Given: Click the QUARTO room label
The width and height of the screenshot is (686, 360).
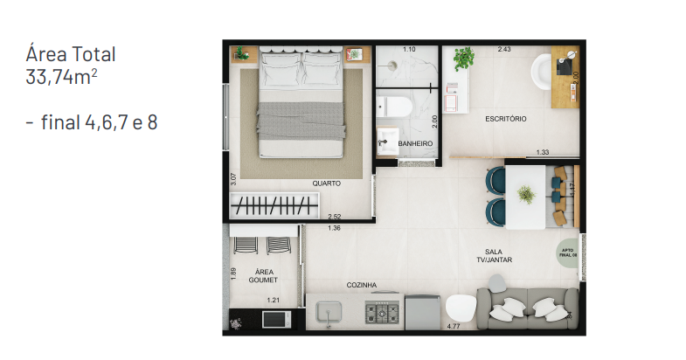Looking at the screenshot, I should click(x=326, y=183).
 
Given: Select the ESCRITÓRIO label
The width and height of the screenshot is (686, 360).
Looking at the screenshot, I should click(x=506, y=119).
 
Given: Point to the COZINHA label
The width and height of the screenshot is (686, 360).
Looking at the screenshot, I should click(x=361, y=285).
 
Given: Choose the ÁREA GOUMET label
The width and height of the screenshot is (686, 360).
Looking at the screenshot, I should click(x=262, y=276).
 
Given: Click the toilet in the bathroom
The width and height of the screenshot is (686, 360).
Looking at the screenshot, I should click(x=398, y=107).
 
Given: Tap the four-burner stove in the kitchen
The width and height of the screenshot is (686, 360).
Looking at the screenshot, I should click(x=381, y=311).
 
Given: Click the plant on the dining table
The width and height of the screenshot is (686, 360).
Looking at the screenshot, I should click(x=526, y=194).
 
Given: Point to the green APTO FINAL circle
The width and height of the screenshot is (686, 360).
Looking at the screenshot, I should click(x=567, y=252).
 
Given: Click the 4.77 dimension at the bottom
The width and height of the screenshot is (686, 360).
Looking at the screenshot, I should click(x=454, y=327).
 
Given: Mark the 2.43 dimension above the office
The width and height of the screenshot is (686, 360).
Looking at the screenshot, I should click(x=504, y=49).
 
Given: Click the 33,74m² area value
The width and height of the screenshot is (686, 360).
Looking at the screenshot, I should click(x=62, y=76).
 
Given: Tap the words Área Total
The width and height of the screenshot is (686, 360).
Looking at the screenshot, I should click(x=72, y=54).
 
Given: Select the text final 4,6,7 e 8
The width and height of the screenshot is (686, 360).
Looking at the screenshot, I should click(x=92, y=122).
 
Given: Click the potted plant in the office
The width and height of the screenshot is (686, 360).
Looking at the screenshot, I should click(x=464, y=59).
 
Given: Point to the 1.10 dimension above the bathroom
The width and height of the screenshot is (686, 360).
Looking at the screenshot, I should click(x=408, y=49).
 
